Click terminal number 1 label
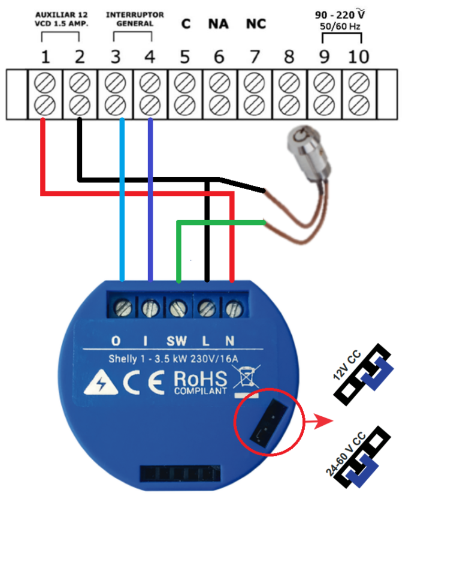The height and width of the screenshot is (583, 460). tap(45, 58)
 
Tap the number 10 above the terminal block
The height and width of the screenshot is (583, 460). tap(359, 58)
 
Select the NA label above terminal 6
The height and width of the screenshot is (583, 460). tap(219, 25)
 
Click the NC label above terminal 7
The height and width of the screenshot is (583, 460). tap(256, 25)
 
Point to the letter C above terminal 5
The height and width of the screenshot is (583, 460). tap(186, 25)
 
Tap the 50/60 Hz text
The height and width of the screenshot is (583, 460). tap(341, 28)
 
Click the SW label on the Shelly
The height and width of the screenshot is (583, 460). tap(177, 341)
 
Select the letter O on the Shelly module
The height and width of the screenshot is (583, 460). tap(116, 341)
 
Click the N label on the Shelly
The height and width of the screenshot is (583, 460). tap(229, 341)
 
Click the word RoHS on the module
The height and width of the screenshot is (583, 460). tap(200, 379)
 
